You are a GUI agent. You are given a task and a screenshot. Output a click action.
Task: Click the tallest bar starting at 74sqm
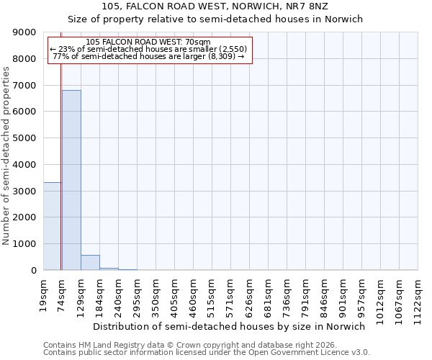(71, 180)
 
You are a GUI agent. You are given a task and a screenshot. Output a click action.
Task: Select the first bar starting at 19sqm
(52, 226)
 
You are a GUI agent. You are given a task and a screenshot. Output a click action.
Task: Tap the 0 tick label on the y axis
(33, 271)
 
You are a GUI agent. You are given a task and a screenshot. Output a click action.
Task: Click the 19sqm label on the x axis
(44, 293)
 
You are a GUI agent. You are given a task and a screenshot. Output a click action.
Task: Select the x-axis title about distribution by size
(230, 326)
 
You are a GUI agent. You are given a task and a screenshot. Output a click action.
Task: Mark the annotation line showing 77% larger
(150, 56)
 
